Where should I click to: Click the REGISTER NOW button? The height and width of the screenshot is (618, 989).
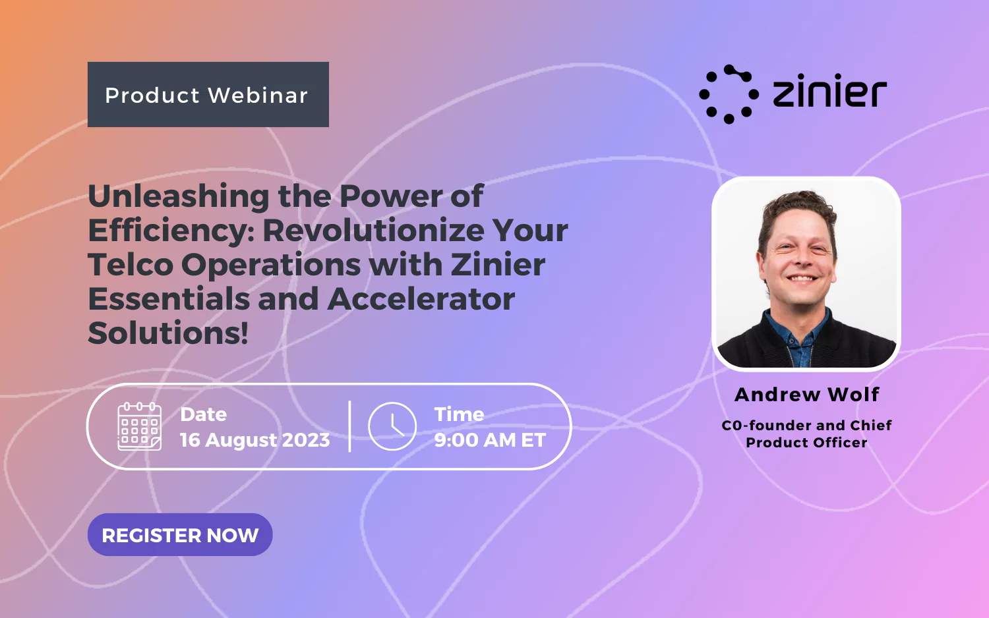pos(180,535)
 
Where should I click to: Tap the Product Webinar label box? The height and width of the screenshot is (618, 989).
pos(208,95)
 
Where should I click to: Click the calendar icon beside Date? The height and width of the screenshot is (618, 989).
pos(139,426)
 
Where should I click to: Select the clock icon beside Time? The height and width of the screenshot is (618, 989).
pos(392,426)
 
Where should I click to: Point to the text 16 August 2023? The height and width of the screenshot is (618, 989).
pos(255,440)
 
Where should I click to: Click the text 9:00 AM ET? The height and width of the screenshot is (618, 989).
pos(490,440)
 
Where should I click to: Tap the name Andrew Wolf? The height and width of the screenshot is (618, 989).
pos(806,395)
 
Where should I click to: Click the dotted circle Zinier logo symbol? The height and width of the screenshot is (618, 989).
pos(729,94)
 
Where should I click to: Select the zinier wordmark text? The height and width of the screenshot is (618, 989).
pos(829,92)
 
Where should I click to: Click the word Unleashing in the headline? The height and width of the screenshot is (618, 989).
pos(178,196)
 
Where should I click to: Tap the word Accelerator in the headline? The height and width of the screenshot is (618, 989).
pos(421,299)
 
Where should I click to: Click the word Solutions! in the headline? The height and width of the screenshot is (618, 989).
pos(168,333)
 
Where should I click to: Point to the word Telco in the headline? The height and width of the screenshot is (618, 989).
pos(131,265)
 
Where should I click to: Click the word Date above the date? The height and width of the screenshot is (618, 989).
pos(203,414)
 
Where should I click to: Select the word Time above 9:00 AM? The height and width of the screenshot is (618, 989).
pos(459,414)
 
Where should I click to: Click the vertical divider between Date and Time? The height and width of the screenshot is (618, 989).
pos(349,426)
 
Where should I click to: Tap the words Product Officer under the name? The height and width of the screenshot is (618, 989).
pos(806,443)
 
